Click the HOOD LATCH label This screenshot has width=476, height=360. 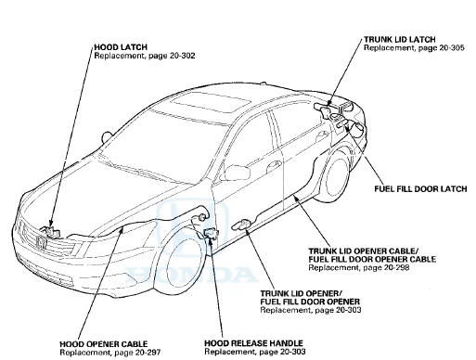pyautogui.click(x=121, y=47)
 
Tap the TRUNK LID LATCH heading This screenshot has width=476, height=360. pyautogui.click(x=400, y=40)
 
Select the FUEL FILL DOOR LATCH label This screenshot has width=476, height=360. pyautogui.click(x=420, y=188)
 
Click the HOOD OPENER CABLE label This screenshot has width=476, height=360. pyautogui.click(x=104, y=344)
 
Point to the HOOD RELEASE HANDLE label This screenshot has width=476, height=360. pyautogui.click(x=253, y=343)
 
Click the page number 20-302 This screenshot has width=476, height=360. pyautogui.click(x=183, y=56)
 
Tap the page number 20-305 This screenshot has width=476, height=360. pyautogui.click(x=452, y=48)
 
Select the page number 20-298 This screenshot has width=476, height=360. pyautogui.click(x=396, y=267)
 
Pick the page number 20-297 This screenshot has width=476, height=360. pyautogui.click(x=148, y=353)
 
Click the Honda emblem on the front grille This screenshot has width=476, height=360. pyautogui.click(x=41, y=242)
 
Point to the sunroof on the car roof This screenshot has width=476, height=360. pyautogui.click(x=210, y=102)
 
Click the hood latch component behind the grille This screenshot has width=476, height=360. pyautogui.click(x=49, y=232)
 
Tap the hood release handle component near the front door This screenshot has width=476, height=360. pyautogui.click(x=212, y=233)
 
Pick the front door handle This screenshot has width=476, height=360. pyautogui.click(x=274, y=164)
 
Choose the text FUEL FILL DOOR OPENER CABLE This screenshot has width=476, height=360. pyautogui.click(x=372, y=259)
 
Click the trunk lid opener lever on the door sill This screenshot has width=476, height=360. pyautogui.click(x=243, y=225)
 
